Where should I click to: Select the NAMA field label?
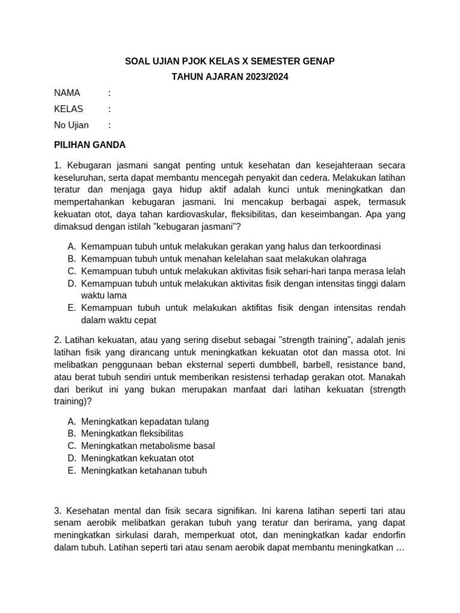[67, 93]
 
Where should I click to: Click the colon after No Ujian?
[110, 125]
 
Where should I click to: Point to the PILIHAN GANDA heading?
[90, 145]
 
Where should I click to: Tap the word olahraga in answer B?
[343, 259]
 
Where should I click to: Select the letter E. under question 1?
[71, 308]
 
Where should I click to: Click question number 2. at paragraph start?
[57, 340]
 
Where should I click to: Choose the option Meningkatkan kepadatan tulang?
[145, 421]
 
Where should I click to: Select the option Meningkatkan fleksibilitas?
[132, 433]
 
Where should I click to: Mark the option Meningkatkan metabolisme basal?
[148, 446]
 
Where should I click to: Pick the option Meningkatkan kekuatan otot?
[138, 458]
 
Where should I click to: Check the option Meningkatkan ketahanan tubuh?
[144, 471]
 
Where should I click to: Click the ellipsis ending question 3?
[401, 548]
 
